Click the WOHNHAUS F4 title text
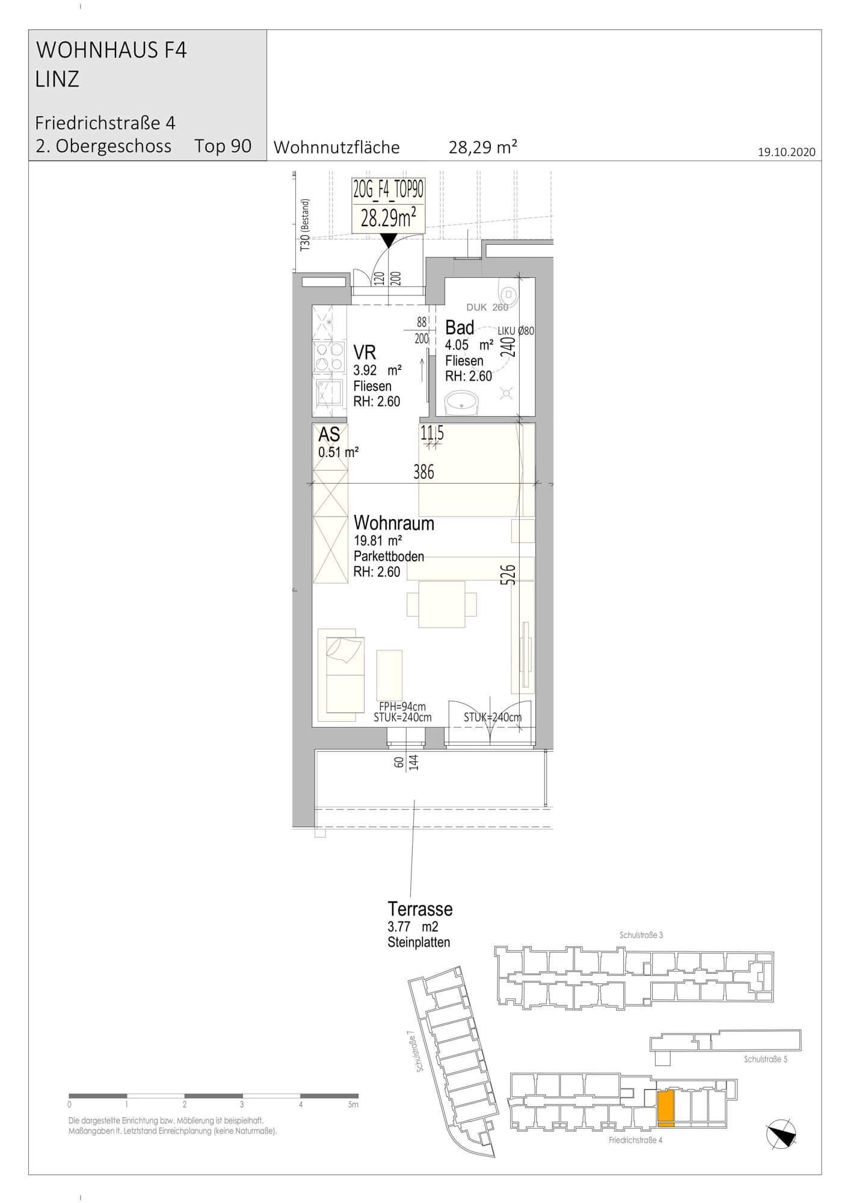(112, 51)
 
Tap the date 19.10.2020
(786, 152)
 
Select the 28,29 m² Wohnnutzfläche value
(483, 147)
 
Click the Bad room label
(460, 328)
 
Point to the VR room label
(365, 352)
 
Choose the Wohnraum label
(394, 523)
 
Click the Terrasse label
(420, 908)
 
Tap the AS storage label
(329, 434)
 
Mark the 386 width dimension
(423, 473)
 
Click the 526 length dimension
(508, 575)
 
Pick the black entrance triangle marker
(389, 241)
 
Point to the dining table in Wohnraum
(442, 604)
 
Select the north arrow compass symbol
(781, 1134)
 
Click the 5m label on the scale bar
(353, 1104)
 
